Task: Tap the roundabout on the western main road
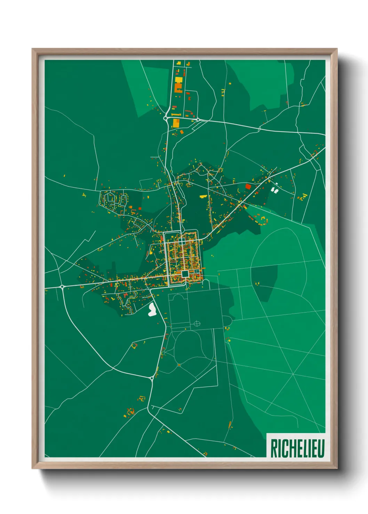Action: [62, 287]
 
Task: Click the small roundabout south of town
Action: [152, 378]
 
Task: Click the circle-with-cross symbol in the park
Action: [197, 324]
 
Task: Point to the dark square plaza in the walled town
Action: [185, 274]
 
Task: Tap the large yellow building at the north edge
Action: [178, 80]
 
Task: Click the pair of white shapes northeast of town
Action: [275, 190]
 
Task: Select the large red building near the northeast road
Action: [248, 186]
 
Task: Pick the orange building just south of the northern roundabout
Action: [176, 123]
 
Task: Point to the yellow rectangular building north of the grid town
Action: [203, 197]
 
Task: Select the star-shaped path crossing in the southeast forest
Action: [293, 375]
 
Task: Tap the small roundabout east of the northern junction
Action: [198, 119]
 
